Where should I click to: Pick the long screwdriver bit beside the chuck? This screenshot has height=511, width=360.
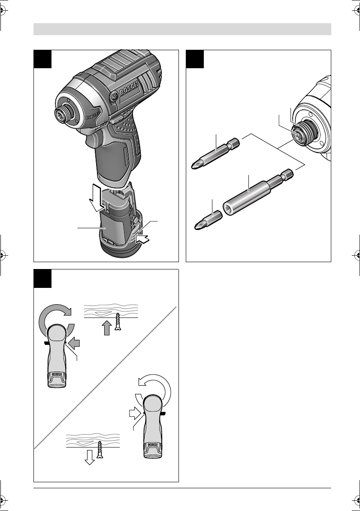pos(215,153)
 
